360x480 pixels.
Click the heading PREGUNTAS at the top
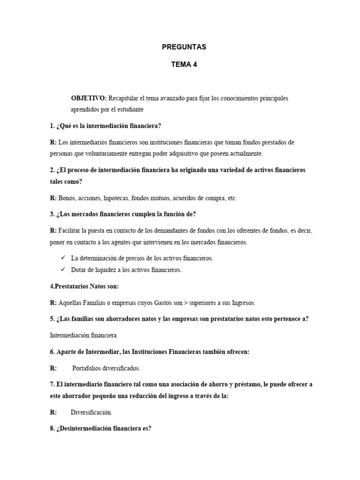tap(184, 47)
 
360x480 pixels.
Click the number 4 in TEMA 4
tap(195, 65)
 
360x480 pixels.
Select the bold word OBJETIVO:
tap(89, 98)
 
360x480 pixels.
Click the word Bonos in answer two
tap(67, 198)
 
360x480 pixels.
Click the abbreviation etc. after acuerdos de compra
tap(232, 198)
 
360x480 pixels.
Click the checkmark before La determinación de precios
tap(63, 258)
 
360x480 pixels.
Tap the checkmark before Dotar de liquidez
tap(63, 270)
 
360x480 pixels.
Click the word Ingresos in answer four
tap(242, 303)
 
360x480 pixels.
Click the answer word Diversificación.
tap(91, 412)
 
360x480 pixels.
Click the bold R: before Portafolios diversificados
tap(53, 368)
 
